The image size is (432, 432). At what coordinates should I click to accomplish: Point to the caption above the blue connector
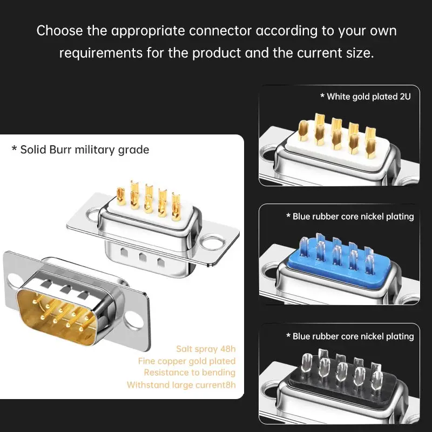coord(350,217)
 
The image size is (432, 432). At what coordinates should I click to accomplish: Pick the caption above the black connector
coord(350,336)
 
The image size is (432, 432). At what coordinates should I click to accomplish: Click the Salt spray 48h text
coord(206,349)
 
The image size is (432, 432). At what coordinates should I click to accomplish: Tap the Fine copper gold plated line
coord(187,361)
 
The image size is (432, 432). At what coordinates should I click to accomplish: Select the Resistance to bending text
coord(190,373)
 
